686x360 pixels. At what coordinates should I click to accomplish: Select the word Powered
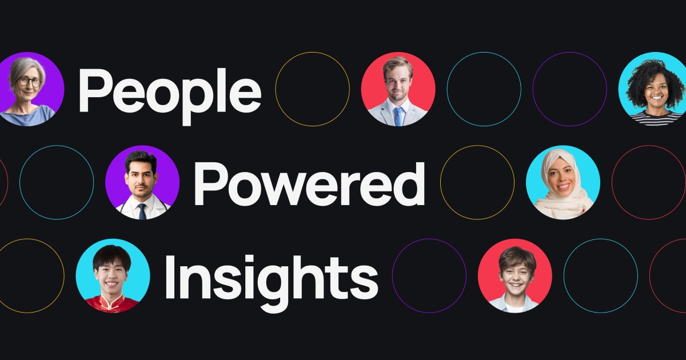click(309, 183)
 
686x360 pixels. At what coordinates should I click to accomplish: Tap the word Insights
click(272, 283)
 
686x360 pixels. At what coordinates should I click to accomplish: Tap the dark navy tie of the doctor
click(142, 211)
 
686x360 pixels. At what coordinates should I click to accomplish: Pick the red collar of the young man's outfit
click(110, 302)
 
